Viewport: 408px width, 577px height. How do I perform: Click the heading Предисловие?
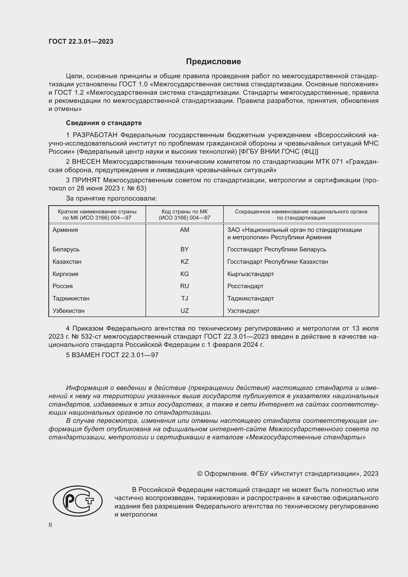coord(213,62)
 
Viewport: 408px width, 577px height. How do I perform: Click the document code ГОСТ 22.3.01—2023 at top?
coord(81,41)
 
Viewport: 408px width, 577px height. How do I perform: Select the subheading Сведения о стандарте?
coord(104,123)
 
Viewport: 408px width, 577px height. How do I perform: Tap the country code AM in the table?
coord(185,230)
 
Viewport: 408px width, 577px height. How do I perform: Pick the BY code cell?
coord(185,249)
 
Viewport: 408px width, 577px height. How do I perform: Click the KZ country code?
coord(185,261)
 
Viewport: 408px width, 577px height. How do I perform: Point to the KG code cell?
coord(185,274)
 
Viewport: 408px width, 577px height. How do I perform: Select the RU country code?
coord(185,286)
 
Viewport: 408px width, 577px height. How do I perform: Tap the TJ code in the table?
coord(185,298)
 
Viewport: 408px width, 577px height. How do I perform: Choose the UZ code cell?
coord(185,311)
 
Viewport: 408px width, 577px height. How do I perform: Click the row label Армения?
coord(65,230)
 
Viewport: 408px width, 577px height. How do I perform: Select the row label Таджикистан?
coord(71,298)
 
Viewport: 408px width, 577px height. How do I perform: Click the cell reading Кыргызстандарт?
coord(250,274)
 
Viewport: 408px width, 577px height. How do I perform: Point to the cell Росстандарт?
coord(245,286)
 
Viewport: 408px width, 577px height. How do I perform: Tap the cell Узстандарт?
coord(243,311)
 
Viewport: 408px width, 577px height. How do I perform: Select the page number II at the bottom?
coord(50,525)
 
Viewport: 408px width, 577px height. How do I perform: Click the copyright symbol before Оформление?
coord(200,474)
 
